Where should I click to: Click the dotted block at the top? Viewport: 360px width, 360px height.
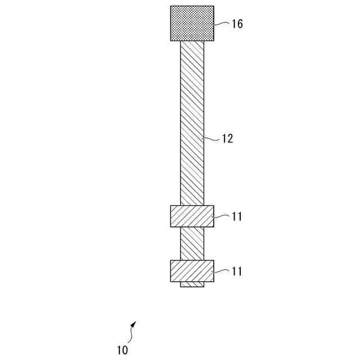tap(192, 23)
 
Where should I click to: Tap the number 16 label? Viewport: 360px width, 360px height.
tap(237, 24)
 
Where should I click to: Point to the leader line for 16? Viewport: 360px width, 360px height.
tap(222, 23)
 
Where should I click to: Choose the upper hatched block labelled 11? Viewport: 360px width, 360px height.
tap(192, 216)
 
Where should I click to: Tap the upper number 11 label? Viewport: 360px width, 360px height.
tap(237, 217)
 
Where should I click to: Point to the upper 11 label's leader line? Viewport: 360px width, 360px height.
tap(222, 215)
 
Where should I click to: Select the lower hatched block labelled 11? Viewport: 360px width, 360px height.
tap(192, 271)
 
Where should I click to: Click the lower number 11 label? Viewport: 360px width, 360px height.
tap(237, 271)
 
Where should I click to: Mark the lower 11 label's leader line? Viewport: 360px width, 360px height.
tap(222, 271)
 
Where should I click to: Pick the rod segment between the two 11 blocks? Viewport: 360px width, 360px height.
tap(192, 244)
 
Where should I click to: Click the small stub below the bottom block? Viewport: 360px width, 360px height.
tap(192, 285)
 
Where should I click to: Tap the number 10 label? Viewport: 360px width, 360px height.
tap(123, 350)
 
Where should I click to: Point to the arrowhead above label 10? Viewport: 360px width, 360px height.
tap(133, 325)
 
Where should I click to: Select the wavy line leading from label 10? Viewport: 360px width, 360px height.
tap(131, 336)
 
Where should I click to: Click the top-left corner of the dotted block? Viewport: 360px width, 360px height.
tap(170, 6)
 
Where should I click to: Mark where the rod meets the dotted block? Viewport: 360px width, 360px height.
tap(192, 40)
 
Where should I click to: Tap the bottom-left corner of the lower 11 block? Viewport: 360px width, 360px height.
tap(170, 281)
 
